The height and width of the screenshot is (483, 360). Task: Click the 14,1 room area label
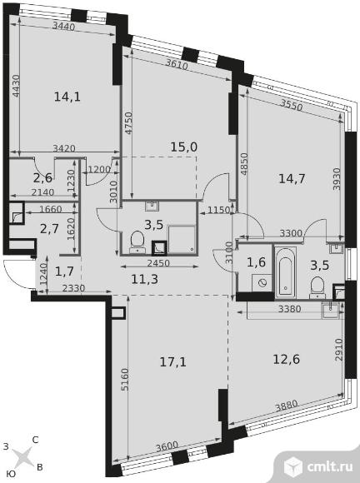67,97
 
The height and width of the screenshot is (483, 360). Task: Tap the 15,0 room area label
184,147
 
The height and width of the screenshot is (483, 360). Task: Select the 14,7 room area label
292,179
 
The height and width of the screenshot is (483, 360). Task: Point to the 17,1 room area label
173,361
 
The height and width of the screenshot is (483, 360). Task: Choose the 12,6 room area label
287,359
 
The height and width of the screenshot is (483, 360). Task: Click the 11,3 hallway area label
144,279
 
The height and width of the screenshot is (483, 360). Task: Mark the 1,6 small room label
256,262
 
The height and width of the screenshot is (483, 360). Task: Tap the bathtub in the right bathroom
286,272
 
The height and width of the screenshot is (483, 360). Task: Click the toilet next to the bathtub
317,287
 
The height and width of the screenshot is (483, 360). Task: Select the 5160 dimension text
124,379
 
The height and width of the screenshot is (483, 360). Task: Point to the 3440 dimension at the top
64,27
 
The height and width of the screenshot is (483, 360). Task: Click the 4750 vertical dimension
128,123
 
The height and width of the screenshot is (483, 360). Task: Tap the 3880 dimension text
287,406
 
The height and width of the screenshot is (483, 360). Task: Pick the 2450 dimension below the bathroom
158,263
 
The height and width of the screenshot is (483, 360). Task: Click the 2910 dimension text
338,350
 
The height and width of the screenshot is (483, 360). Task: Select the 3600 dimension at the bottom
167,446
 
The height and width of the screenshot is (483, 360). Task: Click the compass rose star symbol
22,457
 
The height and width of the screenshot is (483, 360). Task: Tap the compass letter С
35,440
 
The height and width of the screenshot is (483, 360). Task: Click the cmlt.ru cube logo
292,466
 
